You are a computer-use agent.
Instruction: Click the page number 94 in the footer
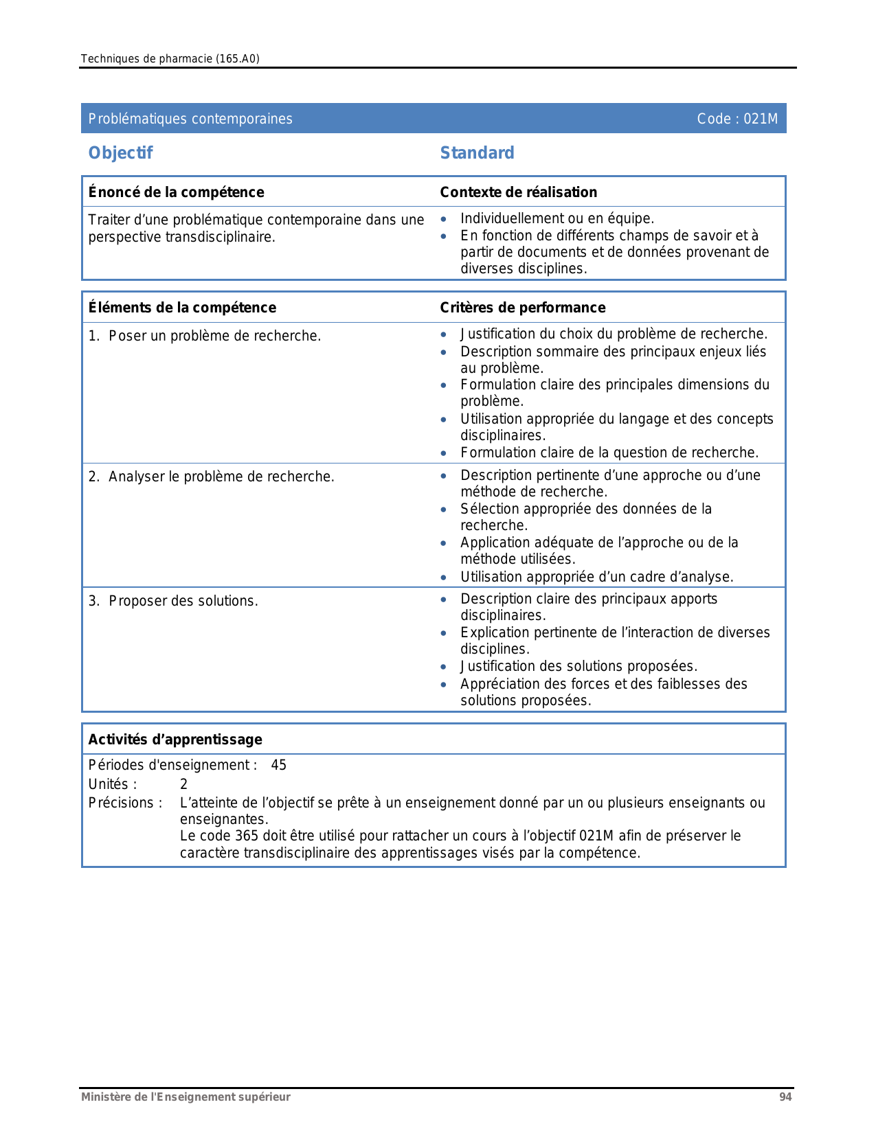[x=785, y=1097]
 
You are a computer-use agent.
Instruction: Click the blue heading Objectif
[x=120, y=153]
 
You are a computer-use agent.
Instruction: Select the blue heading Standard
[x=477, y=153]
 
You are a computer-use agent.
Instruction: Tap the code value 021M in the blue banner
[x=761, y=119]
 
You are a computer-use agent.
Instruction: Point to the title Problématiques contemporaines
[x=190, y=119]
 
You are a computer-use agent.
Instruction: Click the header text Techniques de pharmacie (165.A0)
[x=170, y=59]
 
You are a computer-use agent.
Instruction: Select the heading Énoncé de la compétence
[x=176, y=192]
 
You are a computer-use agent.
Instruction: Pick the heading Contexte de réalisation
[x=518, y=192]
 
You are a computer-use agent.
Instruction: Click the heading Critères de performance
[x=522, y=308]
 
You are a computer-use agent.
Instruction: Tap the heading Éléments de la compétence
[x=182, y=308]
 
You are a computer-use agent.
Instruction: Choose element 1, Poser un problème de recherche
[x=205, y=336]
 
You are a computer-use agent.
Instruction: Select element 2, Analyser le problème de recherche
[x=212, y=477]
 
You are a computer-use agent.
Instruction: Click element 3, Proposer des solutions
[x=173, y=601]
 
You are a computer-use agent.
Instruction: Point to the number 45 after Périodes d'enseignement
[x=278, y=765]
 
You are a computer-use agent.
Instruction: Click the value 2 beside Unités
[x=184, y=784]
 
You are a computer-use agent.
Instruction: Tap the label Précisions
[x=125, y=803]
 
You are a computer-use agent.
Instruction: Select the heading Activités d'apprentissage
[x=175, y=740]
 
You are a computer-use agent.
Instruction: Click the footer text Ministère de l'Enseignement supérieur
[x=186, y=1097]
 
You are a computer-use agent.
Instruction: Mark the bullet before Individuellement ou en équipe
[x=444, y=219]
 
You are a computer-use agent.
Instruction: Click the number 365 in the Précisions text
[x=247, y=836]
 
